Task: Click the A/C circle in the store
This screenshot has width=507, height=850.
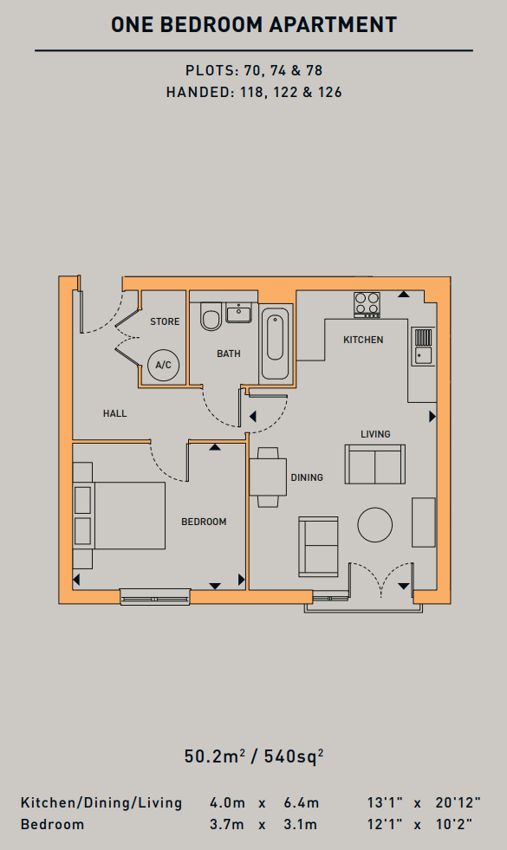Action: [x=163, y=365]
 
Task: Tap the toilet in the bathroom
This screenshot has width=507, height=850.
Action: [x=211, y=316]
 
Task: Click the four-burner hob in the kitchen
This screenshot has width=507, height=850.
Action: [x=367, y=305]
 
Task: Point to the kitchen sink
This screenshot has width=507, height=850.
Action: [x=423, y=347]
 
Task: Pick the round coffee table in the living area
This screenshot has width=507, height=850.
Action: [x=374, y=525]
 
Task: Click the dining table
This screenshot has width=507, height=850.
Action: [x=268, y=477]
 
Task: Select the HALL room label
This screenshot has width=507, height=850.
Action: [x=115, y=413]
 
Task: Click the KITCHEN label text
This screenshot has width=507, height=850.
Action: [x=363, y=340]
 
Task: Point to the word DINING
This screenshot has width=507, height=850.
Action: [x=307, y=477]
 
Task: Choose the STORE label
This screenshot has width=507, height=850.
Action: [x=165, y=321]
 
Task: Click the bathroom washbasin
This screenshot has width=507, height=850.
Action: [x=238, y=313]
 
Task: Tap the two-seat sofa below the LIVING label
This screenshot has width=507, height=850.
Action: [x=375, y=464]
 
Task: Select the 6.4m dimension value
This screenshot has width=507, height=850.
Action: [x=302, y=803]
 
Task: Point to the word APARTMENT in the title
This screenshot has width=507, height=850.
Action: [x=333, y=25]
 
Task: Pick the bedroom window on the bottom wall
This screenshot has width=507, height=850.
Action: [x=155, y=596]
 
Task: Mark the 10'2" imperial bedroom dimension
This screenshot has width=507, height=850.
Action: [x=454, y=825]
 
